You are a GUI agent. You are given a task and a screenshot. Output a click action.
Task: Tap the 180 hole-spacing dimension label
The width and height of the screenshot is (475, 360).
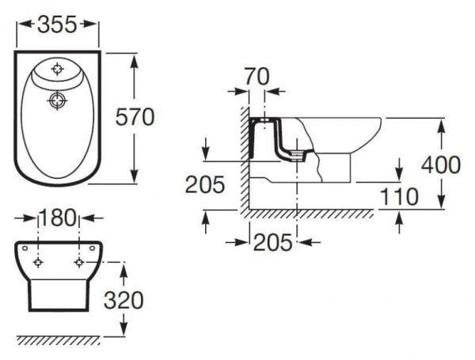59,218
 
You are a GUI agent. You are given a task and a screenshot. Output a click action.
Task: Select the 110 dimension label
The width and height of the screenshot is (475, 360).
398,196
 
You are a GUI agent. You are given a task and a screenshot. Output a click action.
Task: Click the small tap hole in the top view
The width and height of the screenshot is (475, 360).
57,70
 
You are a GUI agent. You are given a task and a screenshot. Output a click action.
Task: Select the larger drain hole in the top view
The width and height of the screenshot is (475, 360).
56,100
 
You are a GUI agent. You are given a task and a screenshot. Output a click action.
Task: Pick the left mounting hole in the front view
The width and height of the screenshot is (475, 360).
37,262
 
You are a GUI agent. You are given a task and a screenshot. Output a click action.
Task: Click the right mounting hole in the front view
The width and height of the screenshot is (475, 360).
79,262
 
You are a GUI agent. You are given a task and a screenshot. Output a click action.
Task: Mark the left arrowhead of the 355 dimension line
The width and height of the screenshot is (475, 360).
20,25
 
